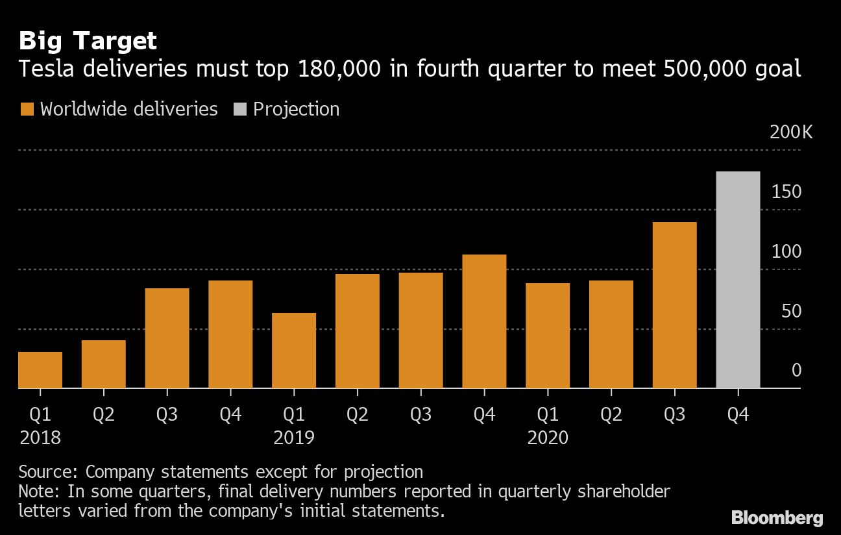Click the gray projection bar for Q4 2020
tap(738, 280)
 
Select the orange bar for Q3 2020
tap(674, 305)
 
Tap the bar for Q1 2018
tap(40, 370)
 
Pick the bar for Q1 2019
tap(294, 351)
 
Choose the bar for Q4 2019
tap(484, 321)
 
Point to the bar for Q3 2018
tap(167, 338)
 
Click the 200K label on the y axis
tap(790, 132)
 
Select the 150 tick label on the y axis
tap(786, 192)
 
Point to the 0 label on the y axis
tap(796, 371)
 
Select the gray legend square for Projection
tap(239, 109)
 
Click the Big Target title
tap(88, 42)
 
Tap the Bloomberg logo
tap(777, 517)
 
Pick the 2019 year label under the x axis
tap(294, 438)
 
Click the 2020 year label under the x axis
tap(548, 438)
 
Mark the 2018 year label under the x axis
tap(40, 438)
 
